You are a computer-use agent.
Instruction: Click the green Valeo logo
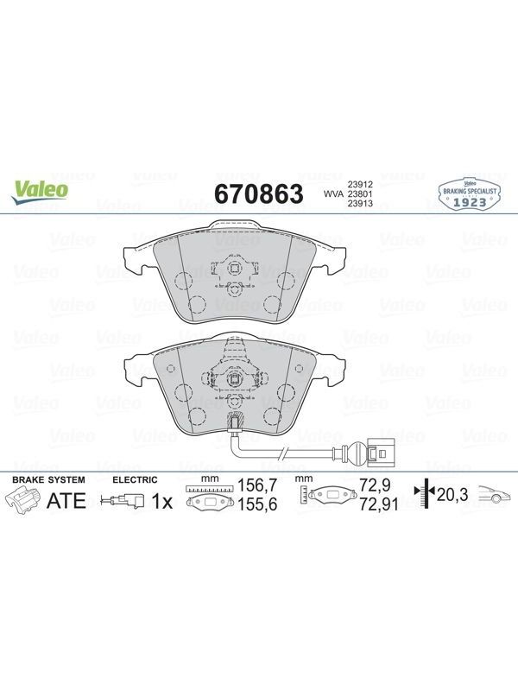(40, 193)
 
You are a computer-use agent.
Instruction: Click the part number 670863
(259, 193)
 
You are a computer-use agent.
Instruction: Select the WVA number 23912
(360, 185)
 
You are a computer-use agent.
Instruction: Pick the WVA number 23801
(360, 193)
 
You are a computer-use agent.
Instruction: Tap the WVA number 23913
(360, 203)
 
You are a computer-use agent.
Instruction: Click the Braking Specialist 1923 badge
(470, 193)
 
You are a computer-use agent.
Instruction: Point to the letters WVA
(333, 193)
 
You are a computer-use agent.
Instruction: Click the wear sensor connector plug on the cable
(376, 453)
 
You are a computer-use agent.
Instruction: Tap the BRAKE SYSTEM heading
(48, 479)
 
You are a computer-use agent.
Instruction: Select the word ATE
(66, 501)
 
